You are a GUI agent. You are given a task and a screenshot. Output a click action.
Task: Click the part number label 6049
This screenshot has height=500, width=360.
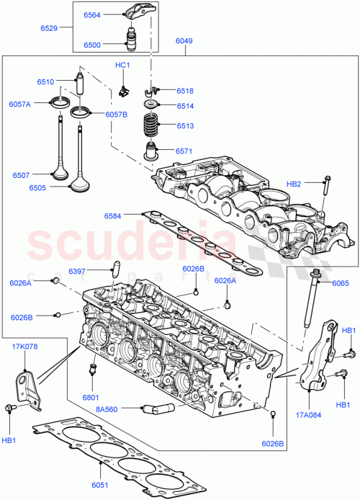tap(184, 42)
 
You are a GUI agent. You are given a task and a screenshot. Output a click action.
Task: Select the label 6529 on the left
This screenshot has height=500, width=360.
tap(50, 28)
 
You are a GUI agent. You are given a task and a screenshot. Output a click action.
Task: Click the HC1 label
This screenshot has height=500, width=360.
tap(122, 66)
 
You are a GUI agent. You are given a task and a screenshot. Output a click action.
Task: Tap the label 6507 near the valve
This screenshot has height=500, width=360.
tap(22, 174)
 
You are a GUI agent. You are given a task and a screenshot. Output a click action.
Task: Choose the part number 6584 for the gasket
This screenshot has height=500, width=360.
tap(113, 215)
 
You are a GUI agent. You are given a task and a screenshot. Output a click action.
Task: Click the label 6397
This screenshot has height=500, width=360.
tap(78, 271)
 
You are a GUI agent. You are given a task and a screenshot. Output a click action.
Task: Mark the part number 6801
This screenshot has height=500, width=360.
tap(90, 397)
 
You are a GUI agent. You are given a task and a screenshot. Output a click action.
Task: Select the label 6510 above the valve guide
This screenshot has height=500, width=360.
tap(47, 81)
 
